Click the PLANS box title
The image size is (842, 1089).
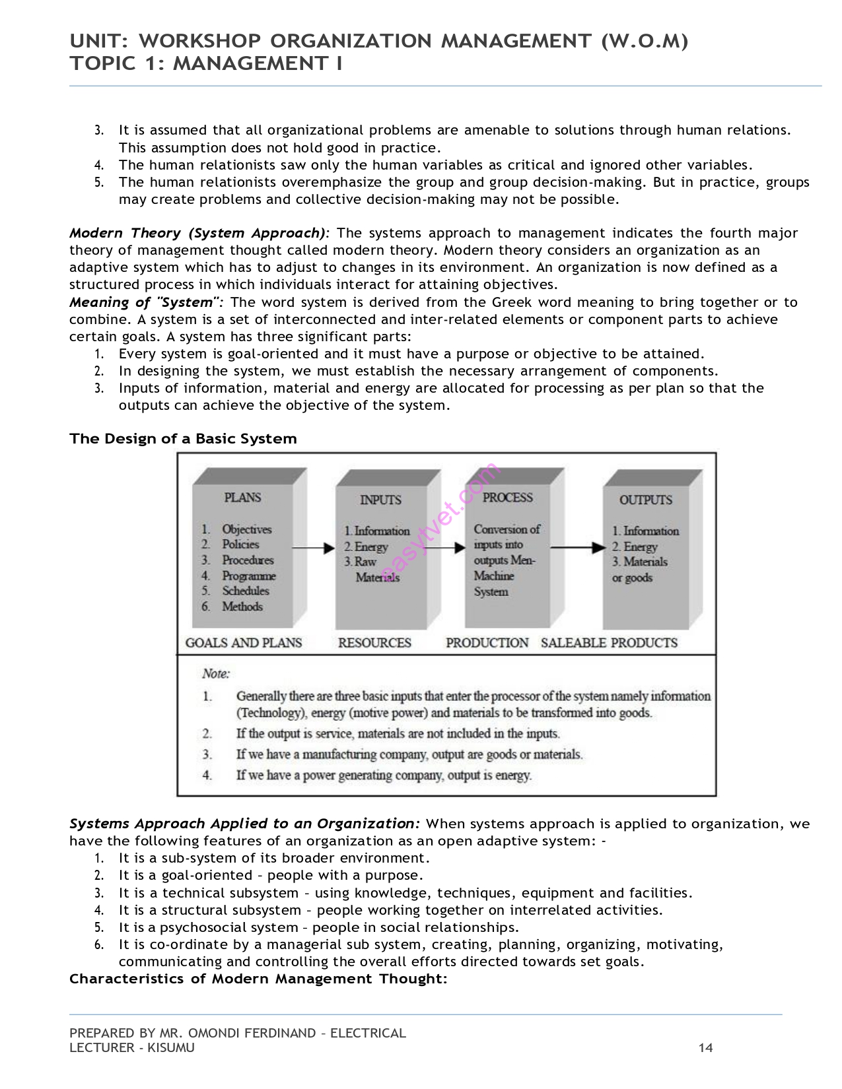coord(242,498)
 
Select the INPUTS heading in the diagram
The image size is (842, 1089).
coord(380,500)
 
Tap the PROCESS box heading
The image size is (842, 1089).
coord(507,498)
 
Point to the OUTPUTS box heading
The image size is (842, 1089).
coord(645,500)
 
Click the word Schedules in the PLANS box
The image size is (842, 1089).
coord(246,591)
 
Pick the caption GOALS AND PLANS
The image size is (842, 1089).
coord(244,643)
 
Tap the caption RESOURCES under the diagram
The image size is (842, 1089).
coord(374,643)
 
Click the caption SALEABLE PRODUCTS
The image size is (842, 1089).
coord(609,643)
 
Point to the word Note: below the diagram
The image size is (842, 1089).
coord(216,674)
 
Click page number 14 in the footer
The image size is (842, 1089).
coord(705,1048)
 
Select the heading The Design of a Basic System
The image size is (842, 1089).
coord(183,439)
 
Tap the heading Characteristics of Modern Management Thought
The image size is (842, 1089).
coord(258,979)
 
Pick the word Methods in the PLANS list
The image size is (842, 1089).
coord(242,607)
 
